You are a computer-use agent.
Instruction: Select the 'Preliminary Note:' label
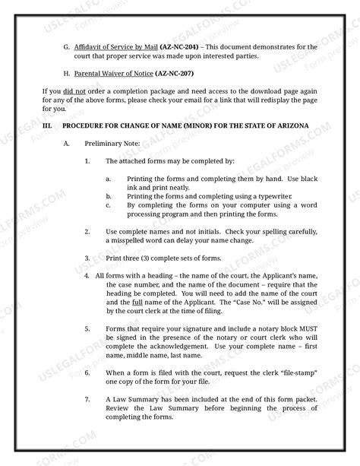click(x=109, y=143)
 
